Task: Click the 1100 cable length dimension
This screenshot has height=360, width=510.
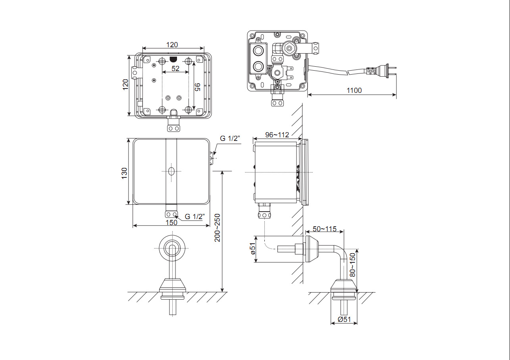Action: (x=354, y=90)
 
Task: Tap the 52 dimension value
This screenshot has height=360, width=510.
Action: (x=175, y=69)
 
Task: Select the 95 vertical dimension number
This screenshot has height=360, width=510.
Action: (x=197, y=87)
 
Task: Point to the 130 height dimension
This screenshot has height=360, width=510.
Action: (x=124, y=173)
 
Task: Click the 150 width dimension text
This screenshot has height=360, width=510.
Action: (x=171, y=222)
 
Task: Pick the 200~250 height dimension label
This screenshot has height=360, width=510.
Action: (x=217, y=228)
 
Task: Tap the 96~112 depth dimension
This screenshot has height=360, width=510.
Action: (x=277, y=135)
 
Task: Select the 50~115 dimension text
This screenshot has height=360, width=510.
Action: (x=324, y=229)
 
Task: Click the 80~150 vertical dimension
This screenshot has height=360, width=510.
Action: (x=352, y=265)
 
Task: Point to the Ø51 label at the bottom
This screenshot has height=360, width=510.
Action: (x=344, y=320)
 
